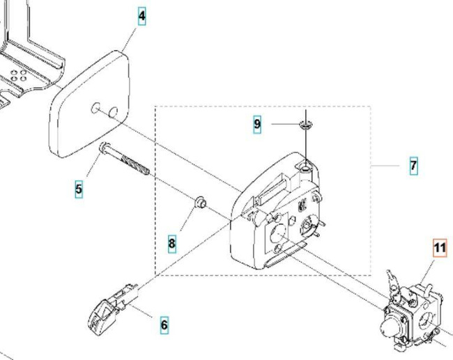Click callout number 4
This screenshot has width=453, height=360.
[x=142, y=16]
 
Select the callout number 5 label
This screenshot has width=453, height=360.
[x=79, y=188]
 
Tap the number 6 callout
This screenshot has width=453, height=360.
[x=164, y=324]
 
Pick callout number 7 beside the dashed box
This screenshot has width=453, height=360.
[x=413, y=166]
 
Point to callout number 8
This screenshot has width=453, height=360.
[x=171, y=243]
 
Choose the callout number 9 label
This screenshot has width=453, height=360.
[x=257, y=124]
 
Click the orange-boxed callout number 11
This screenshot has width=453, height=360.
[x=440, y=248]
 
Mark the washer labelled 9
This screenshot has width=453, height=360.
[x=305, y=125]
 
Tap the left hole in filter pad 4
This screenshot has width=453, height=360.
[x=95, y=108]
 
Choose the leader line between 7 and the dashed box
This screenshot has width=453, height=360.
[x=386, y=166]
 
